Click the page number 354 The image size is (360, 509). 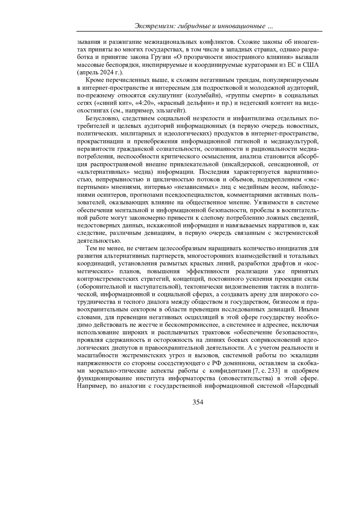click(x=198, y=402)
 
